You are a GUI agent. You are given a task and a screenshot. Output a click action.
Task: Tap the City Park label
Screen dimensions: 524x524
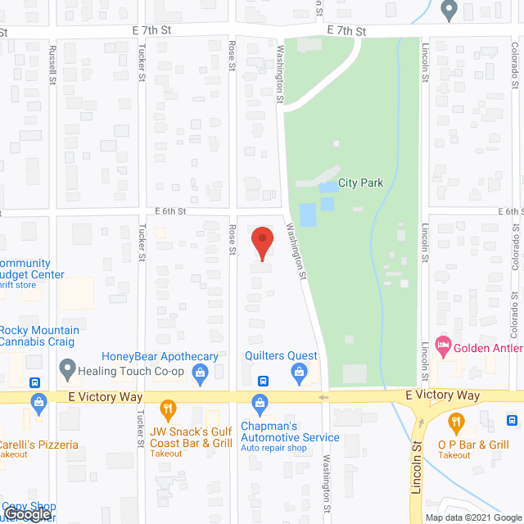360,183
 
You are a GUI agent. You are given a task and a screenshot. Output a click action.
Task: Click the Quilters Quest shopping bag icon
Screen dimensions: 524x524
300,373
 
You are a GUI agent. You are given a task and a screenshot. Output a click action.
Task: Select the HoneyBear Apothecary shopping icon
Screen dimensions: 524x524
199,373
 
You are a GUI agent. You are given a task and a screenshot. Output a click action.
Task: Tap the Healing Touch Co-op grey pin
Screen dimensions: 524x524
68,369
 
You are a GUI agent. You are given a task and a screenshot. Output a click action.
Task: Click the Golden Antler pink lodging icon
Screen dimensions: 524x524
444,346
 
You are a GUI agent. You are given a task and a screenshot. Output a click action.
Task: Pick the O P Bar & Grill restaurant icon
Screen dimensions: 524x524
456,422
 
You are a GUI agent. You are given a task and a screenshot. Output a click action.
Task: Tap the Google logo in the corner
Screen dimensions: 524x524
26,514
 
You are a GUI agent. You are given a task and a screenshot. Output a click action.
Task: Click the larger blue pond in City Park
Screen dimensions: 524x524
309,215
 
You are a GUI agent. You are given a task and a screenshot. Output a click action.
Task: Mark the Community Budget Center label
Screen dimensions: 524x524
32,269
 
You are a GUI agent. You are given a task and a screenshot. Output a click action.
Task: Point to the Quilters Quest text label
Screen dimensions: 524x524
281,355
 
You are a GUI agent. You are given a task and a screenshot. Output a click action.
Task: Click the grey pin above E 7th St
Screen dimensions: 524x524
448,10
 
